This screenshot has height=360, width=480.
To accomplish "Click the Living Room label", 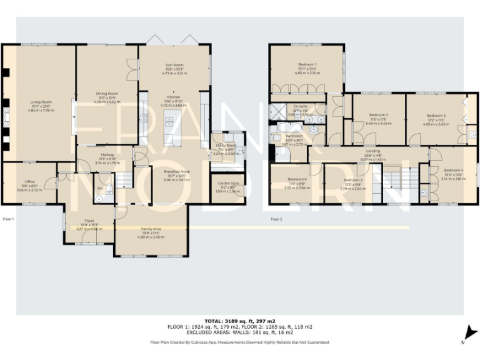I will [42, 101].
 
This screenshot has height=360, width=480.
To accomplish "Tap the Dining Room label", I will [106, 93].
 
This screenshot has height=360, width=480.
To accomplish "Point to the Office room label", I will [29, 182].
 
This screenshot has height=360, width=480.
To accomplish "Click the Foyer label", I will [89, 221].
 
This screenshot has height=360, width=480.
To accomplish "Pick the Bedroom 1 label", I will [307, 65].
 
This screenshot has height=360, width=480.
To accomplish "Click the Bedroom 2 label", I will [436, 116].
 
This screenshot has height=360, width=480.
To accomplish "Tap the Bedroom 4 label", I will [453, 171].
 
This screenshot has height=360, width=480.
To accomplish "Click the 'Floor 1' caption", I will [9, 219].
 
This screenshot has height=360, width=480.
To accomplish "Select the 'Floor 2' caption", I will [276, 219].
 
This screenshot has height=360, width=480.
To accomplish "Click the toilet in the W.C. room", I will [99, 199].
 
